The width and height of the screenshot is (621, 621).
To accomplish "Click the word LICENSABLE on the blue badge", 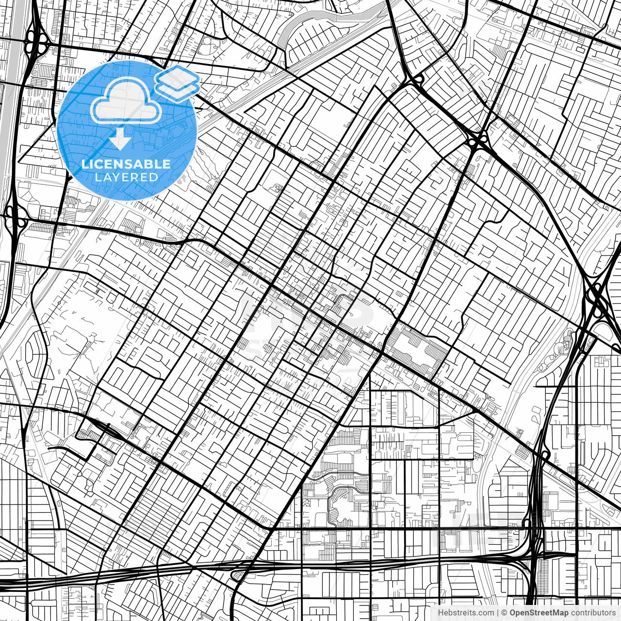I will [x=126, y=164].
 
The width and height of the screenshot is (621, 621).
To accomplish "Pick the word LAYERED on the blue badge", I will [x=126, y=177].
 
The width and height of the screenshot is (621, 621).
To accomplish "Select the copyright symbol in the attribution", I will [x=505, y=613].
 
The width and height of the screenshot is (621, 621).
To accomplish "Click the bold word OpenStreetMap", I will [x=539, y=613].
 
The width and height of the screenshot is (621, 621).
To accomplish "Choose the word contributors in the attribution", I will [x=592, y=613].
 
